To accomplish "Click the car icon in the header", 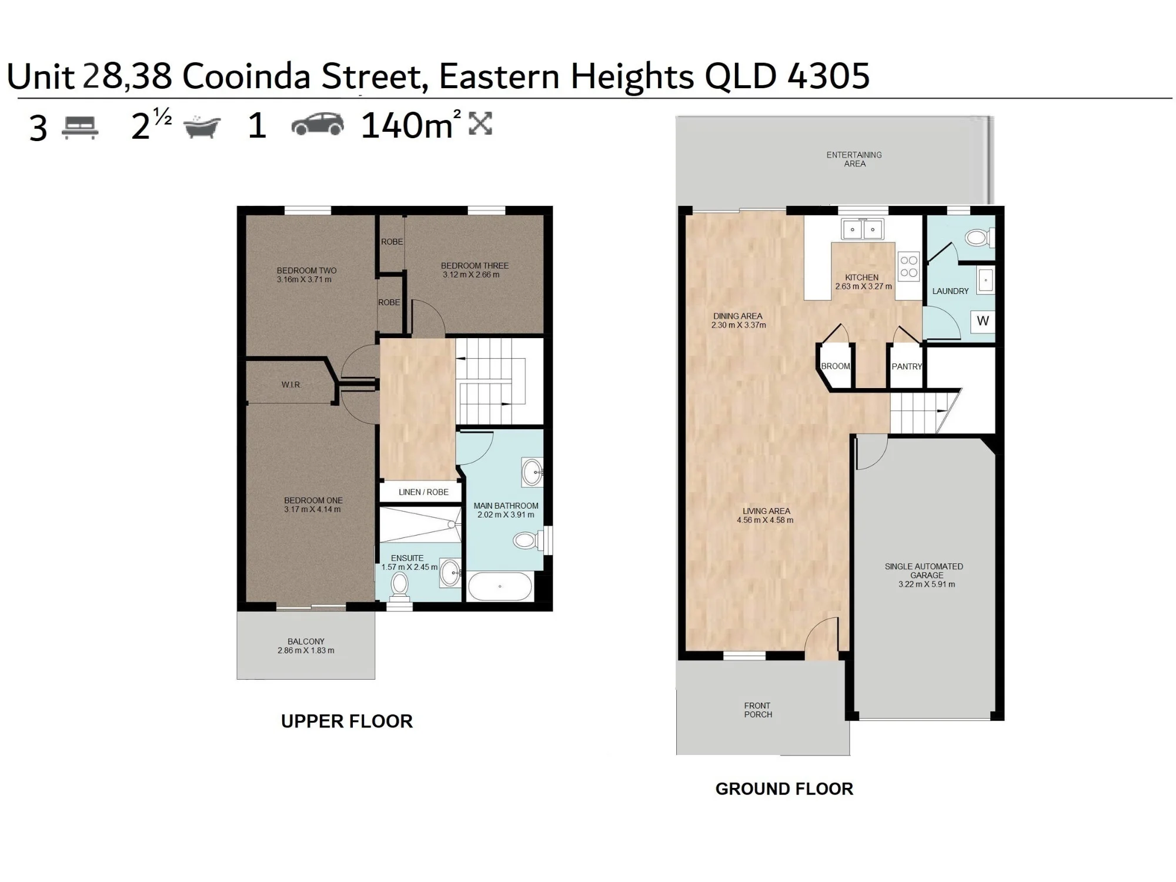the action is click(318, 124).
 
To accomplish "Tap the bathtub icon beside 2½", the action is click(202, 126).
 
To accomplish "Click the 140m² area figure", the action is click(410, 125).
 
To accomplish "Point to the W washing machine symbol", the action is click(983, 321).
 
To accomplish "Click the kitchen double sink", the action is click(862, 229).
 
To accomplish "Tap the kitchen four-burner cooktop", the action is click(909, 266).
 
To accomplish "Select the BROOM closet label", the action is click(836, 366).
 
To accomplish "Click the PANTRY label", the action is click(907, 366).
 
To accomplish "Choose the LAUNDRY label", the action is click(950, 291).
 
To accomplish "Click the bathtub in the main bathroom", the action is click(500, 586).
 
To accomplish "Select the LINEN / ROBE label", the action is click(423, 492).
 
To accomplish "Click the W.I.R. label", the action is click(291, 385).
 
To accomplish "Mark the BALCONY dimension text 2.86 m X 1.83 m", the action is click(306, 650).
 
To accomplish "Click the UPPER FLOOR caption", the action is click(347, 721).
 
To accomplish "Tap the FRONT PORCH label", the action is click(758, 710).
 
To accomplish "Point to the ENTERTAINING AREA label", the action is click(854, 159).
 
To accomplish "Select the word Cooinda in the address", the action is click(246, 76).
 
